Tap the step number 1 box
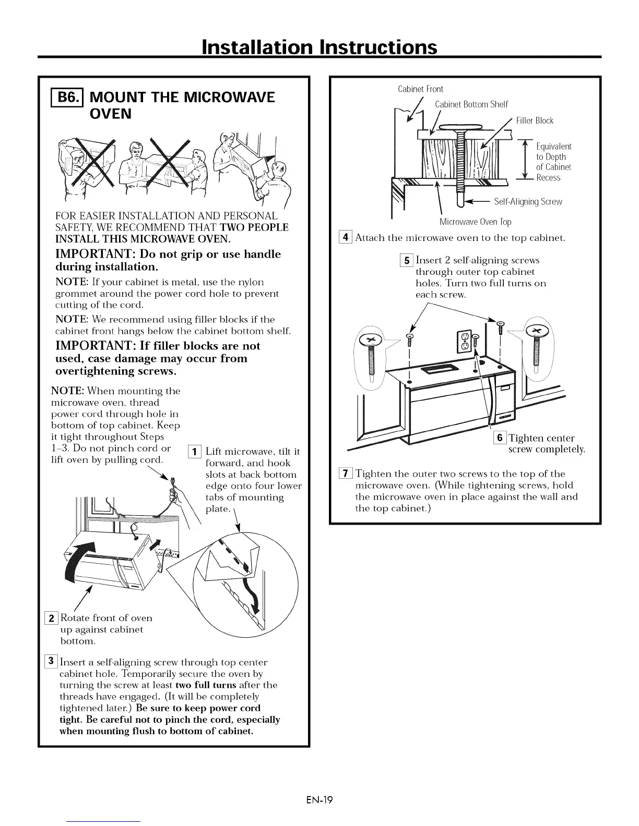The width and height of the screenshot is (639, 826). [x=194, y=451]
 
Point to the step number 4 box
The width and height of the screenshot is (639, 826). [x=345, y=238]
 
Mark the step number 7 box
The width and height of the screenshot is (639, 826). [x=345, y=473]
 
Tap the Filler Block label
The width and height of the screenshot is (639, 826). [x=535, y=121]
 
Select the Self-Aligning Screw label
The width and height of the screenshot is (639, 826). [x=528, y=202]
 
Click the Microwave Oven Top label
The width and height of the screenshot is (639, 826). [x=475, y=222]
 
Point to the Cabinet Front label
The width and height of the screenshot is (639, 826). [x=420, y=89]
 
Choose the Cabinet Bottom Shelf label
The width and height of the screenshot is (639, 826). [x=471, y=104]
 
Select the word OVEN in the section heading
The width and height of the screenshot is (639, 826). [x=111, y=114]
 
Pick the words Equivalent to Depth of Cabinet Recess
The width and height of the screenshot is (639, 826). [x=553, y=162]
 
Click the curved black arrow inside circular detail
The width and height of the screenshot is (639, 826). [x=253, y=594]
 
